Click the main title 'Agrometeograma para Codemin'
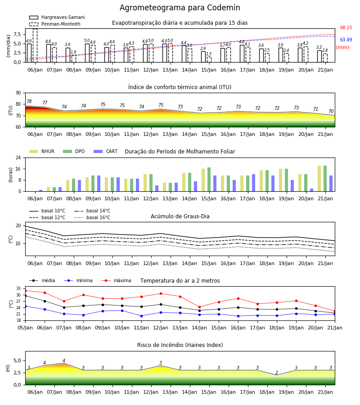click(x=180, y=8)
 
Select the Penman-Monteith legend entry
click(x=55, y=24)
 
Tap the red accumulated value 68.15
click(x=346, y=27)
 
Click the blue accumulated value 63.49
click(x=346, y=40)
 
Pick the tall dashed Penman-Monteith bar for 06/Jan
click(x=35, y=45)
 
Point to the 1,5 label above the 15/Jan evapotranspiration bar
click(x=209, y=54)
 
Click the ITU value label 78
click(x=29, y=101)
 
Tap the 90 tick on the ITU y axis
click(x=18, y=93)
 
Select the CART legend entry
click(x=106, y=151)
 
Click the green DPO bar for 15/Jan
click(x=209, y=180)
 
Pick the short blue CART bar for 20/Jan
click(x=312, y=190)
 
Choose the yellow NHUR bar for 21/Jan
click(x=319, y=179)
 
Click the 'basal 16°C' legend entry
click(x=92, y=217)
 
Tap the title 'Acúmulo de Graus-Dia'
click(x=180, y=216)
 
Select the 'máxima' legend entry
click(x=116, y=280)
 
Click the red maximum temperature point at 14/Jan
click(x=200, y=307)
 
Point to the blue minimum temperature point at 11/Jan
click(x=141, y=316)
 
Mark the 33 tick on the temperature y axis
click(x=18, y=288)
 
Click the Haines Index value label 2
click(x=277, y=373)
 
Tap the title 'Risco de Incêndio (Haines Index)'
click(x=180, y=345)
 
